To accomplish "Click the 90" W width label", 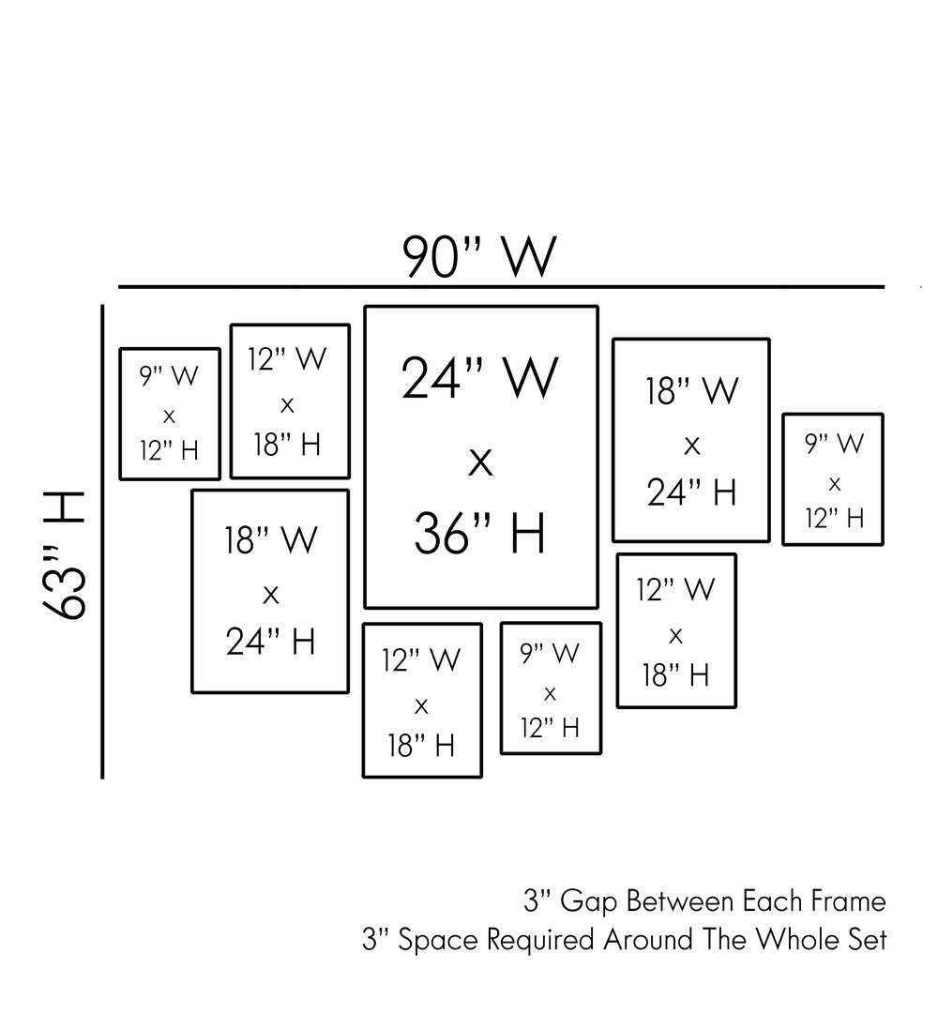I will click(x=479, y=255).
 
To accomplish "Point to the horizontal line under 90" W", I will click(x=501, y=286).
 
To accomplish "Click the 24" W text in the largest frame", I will click(x=479, y=379).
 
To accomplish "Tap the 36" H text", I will click(x=479, y=534).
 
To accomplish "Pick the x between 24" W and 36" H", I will click(x=480, y=462).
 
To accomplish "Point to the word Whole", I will click(x=787, y=940).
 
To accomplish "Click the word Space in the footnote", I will click(x=432, y=940).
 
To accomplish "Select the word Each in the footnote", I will click(x=767, y=902).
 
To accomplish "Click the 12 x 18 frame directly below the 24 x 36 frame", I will click(x=422, y=701).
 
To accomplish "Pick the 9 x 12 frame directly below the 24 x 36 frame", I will click(x=551, y=689).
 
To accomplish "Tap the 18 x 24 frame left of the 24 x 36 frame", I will click(x=270, y=591).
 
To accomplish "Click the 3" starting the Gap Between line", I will click(x=537, y=902).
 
